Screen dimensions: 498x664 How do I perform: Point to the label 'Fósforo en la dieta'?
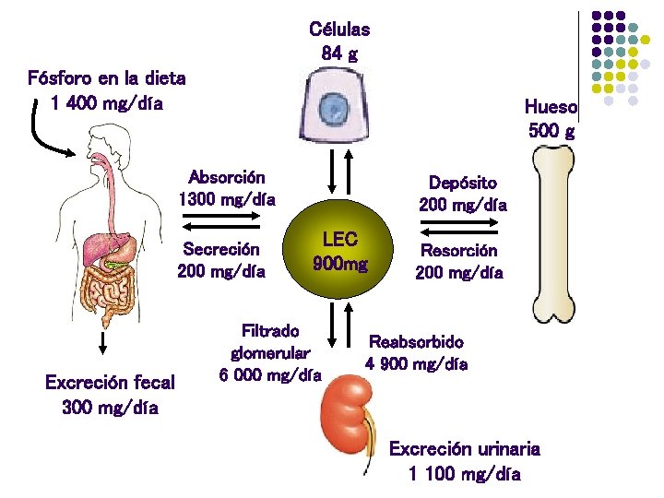107,77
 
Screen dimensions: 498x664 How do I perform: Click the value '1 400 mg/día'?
107,102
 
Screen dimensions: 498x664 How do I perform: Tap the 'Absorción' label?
227,176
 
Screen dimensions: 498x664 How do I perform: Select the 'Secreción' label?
221,249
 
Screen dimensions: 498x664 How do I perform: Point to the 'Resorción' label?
458,250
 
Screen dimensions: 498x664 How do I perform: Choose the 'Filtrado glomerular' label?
270,340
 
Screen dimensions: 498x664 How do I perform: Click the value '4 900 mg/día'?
416,363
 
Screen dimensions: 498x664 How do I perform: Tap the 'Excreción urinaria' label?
464,449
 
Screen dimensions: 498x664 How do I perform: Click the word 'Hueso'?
551,107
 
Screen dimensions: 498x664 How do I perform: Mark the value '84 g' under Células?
339,53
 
